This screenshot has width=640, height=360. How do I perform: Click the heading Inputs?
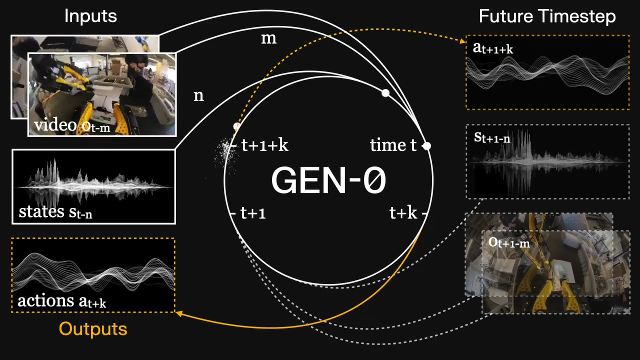click(x=90, y=16)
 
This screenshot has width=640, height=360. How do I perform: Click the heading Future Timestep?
click(x=547, y=16)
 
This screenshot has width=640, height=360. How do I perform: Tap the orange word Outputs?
click(x=93, y=329)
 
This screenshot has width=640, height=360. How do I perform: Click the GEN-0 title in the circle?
click(x=328, y=180)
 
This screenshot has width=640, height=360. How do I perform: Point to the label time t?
click(x=393, y=145)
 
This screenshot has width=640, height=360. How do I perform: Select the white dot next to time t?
click(x=426, y=146)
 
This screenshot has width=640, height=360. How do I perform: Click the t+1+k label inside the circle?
click(x=264, y=145)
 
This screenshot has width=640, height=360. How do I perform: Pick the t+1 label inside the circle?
click(x=253, y=213)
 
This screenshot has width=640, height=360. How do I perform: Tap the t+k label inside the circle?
click(x=403, y=213)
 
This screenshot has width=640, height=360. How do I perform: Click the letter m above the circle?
click(x=269, y=38)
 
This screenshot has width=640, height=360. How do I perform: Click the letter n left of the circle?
click(x=198, y=95)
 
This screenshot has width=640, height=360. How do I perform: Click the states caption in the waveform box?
click(x=55, y=212)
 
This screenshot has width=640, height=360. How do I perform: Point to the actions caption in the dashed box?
click(x=61, y=301)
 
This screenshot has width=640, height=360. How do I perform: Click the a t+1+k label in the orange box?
click(x=493, y=48)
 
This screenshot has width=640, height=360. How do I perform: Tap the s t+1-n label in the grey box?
click(x=492, y=137)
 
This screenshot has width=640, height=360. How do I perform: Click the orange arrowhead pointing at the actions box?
click(x=177, y=313)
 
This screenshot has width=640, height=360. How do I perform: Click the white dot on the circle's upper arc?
click(x=385, y=93)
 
